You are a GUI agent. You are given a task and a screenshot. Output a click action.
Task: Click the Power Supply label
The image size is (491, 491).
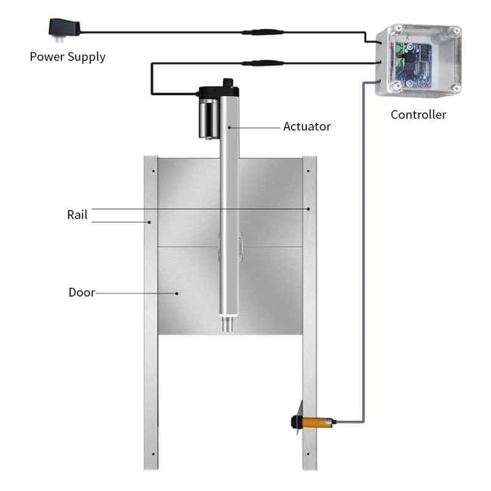tap(68, 57)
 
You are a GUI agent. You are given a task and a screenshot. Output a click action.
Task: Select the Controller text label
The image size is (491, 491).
tap(419, 115)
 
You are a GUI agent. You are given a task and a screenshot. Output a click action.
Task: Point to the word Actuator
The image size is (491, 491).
tap(306, 127)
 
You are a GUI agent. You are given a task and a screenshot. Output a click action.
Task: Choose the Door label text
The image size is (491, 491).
tap(82, 292)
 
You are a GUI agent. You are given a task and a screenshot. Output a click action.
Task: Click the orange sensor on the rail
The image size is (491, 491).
tap(316, 422)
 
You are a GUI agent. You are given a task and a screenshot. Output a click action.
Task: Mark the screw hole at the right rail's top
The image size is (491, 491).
tap(309, 166)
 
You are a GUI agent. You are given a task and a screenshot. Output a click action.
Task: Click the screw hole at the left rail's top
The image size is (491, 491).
tap(150, 166)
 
